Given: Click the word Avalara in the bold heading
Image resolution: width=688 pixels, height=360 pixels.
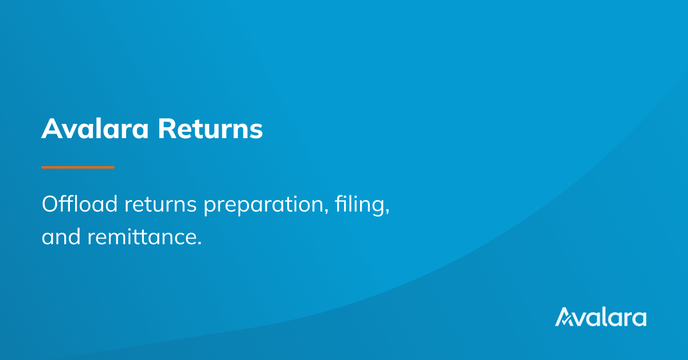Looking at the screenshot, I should pyautogui.click(x=95, y=130).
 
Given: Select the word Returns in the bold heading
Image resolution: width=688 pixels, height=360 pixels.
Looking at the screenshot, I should pyautogui.click(x=210, y=130).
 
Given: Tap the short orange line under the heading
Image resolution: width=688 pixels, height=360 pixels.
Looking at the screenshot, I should pyautogui.click(x=78, y=167).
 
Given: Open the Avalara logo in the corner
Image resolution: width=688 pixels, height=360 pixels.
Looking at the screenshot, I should pyautogui.click(x=600, y=317).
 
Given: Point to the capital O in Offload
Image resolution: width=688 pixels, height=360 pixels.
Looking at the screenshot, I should pyautogui.click(x=50, y=205).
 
